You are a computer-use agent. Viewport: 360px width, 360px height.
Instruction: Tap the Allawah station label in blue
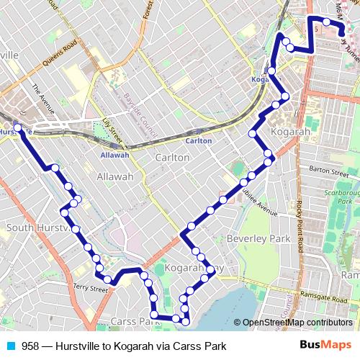(114, 155)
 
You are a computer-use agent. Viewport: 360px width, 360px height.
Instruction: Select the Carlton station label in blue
(199, 141)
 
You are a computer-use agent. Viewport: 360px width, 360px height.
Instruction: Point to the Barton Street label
(328, 172)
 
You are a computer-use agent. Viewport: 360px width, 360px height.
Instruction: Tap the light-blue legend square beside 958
(11, 346)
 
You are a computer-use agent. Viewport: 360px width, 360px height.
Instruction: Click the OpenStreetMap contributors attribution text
(297, 323)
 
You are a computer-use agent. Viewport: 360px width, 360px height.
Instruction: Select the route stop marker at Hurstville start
(17, 128)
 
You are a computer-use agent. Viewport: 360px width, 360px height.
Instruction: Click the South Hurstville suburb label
(36, 228)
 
